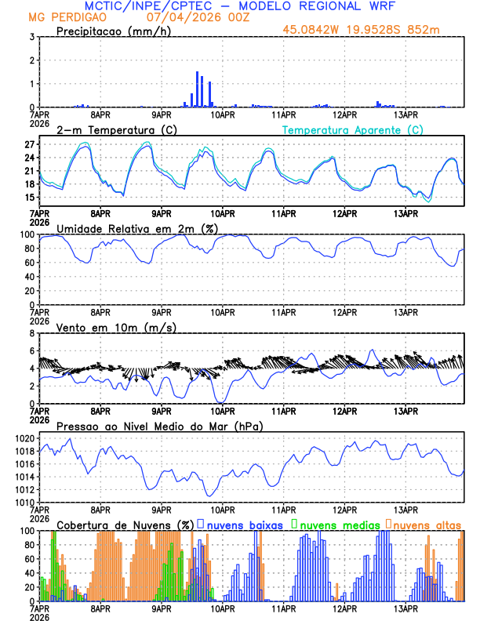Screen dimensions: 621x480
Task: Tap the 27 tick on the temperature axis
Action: click(28, 145)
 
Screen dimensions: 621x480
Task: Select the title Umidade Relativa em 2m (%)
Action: click(136, 228)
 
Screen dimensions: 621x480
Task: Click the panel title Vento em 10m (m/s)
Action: click(117, 327)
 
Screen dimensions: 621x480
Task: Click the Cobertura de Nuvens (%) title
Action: click(125, 525)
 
